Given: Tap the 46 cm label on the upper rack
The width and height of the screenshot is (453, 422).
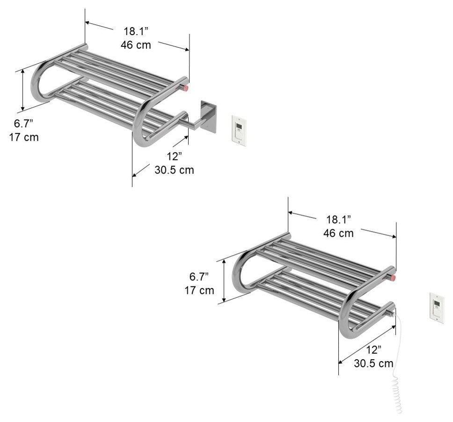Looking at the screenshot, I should (136, 45).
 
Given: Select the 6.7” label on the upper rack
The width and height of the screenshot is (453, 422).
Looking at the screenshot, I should (23, 124).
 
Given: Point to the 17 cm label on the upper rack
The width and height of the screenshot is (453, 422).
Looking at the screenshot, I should (24, 138).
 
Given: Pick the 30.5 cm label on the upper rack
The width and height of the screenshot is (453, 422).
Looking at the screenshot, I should (174, 170).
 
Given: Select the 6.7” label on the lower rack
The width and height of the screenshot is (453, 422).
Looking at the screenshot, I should (199, 277).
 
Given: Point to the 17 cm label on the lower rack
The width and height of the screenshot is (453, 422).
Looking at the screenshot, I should (199, 290).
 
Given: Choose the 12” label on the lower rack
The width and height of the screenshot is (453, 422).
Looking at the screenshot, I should (373, 349).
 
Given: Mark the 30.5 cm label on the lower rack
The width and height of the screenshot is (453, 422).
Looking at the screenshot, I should (373, 363).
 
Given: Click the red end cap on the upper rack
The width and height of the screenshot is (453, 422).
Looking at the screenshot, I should (186, 88).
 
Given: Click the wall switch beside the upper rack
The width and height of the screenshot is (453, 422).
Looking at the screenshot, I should (239, 131).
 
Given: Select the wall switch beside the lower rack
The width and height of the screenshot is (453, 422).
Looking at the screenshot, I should (437, 308).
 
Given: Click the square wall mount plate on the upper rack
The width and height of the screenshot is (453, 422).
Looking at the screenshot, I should (208, 116).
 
